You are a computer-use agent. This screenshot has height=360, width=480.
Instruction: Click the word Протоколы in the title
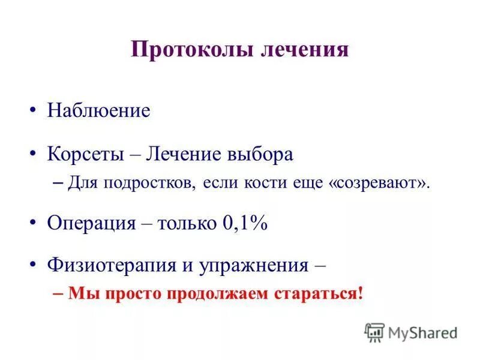pos(193,50)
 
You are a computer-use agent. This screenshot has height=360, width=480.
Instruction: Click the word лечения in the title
pos(305,50)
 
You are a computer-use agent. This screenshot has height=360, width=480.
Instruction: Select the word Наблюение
pos(98,111)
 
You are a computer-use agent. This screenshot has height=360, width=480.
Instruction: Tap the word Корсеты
pos(85,154)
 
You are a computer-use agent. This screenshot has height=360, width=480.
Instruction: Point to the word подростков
pos(148,182)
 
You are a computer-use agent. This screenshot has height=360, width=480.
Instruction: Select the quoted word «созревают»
pos(380,182)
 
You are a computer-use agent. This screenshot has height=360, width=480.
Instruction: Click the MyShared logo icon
pos(374,332)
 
